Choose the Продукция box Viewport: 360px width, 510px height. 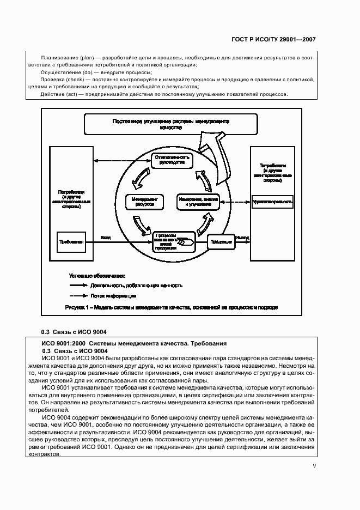221,240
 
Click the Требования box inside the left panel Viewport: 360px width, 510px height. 71,241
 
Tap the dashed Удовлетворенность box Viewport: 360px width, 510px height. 272,202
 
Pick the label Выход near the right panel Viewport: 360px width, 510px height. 242,238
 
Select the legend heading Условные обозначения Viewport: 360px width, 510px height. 97,276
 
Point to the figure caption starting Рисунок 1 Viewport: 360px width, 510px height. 171,307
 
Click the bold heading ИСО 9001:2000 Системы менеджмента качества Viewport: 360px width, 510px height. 133,343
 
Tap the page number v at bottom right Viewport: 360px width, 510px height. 314,466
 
